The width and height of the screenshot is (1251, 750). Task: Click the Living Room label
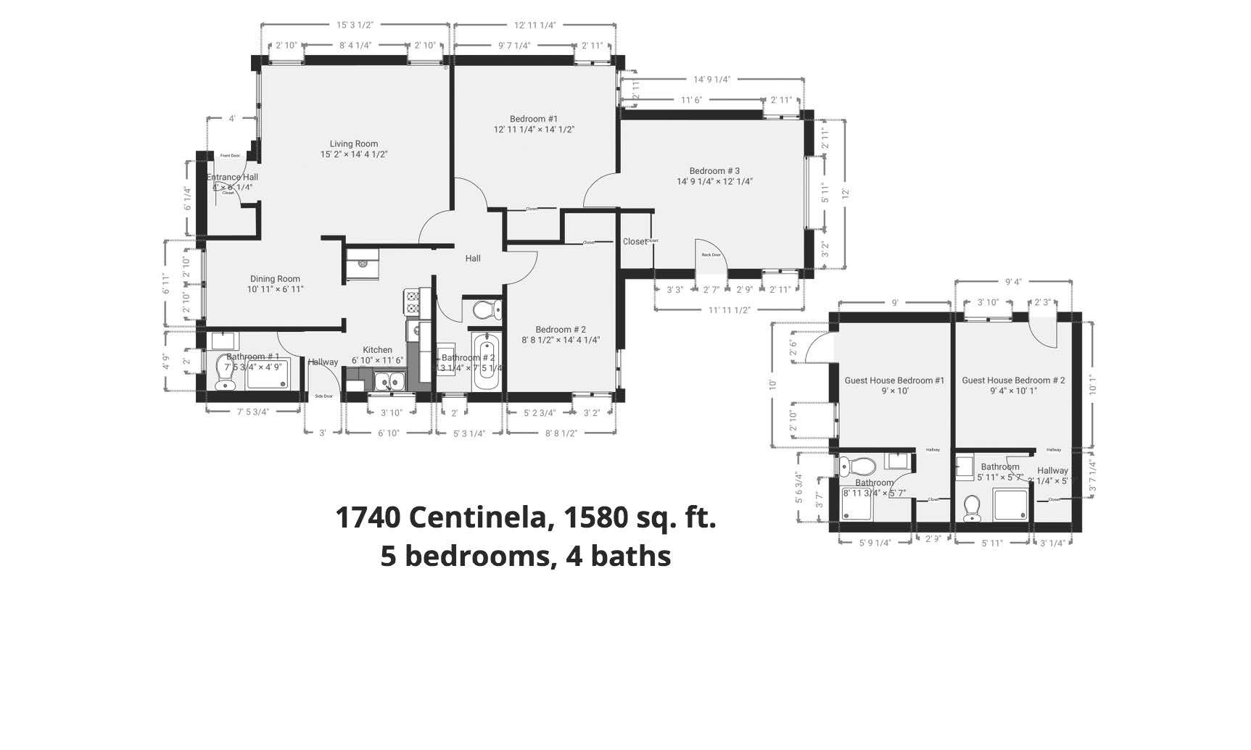tap(354, 144)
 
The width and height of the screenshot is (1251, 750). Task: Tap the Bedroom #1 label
tap(534, 120)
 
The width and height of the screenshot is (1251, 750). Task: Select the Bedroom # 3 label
tap(714, 172)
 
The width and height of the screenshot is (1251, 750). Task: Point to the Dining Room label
tap(275, 279)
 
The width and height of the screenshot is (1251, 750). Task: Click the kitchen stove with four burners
tap(412, 301)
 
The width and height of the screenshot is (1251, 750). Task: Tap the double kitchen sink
tap(389, 380)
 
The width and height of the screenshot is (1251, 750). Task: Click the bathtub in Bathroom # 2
tap(485, 361)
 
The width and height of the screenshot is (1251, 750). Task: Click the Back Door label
tap(711, 255)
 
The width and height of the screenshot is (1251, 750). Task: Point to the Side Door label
tap(323, 396)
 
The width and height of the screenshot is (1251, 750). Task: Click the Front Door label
tap(231, 156)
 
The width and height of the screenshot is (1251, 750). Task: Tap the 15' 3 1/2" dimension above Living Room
tap(355, 25)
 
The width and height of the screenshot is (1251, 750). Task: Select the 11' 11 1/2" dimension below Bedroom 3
tap(729, 310)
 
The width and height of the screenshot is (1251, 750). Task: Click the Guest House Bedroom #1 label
tap(894, 380)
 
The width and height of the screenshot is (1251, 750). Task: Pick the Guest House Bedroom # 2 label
tap(1013, 380)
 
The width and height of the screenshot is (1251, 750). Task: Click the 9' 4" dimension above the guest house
tap(1013, 283)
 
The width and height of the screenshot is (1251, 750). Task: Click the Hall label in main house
tap(473, 259)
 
